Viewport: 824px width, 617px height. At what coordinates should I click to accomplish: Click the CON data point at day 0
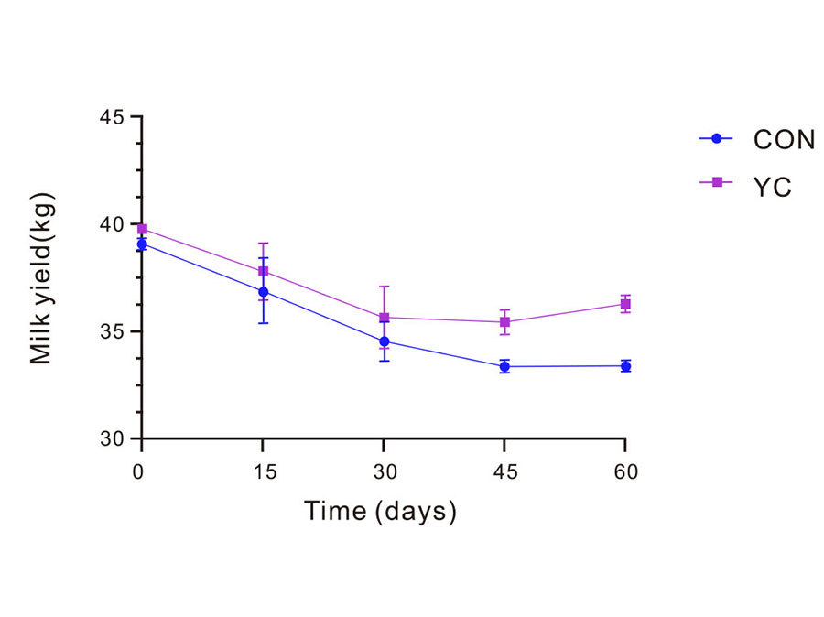[142, 244]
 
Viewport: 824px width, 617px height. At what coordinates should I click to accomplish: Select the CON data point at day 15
[263, 292]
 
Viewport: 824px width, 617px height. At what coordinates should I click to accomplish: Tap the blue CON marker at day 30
[384, 341]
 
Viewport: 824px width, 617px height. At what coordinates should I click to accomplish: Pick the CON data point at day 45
[504, 366]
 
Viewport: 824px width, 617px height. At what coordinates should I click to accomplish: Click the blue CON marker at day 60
[625, 366]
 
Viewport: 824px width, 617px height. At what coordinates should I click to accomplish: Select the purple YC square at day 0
[142, 229]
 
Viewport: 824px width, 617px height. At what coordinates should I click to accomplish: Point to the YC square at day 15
[263, 271]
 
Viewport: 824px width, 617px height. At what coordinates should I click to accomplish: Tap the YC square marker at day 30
[384, 318]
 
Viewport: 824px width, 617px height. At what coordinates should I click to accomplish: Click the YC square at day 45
[504, 322]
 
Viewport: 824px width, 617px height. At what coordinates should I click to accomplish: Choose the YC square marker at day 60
[625, 304]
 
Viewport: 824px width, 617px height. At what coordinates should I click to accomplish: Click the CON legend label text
[784, 139]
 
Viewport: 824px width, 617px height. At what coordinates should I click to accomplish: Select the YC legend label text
[772, 187]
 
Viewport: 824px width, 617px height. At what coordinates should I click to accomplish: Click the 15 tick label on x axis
[263, 472]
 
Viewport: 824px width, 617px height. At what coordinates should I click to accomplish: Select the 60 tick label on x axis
[625, 472]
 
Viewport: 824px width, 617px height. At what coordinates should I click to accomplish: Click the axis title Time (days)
[380, 511]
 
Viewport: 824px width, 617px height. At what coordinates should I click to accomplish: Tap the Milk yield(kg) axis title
[42, 278]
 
